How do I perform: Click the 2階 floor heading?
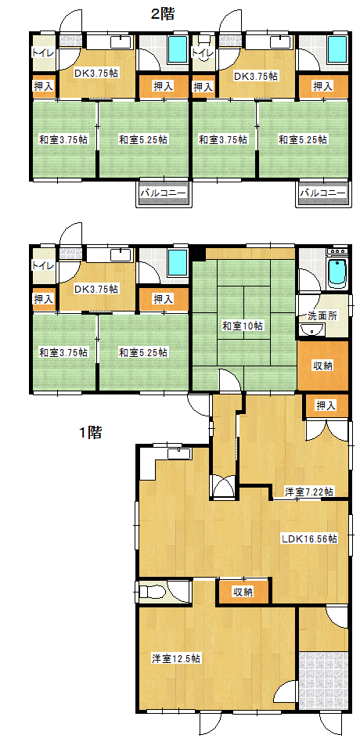pyautogui.click(x=162, y=14)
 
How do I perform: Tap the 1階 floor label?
pyautogui.click(x=90, y=431)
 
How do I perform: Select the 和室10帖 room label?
pyautogui.click(x=243, y=326)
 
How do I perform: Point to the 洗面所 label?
pyautogui.click(x=322, y=316)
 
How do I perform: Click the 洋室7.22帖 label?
pyautogui.click(x=308, y=492)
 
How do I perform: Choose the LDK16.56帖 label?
pyautogui.click(x=309, y=538)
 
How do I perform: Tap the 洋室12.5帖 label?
pyautogui.click(x=175, y=657)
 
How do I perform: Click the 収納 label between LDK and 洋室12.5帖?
pyautogui.click(x=243, y=592)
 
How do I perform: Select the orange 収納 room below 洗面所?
pyautogui.click(x=322, y=366)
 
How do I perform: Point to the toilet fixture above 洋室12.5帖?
pyautogui.click(x=151, y=592)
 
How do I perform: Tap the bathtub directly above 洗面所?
pyautogui.click(x=338, y=273)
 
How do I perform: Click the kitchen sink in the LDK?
pyautogui.click(x=178, y=453)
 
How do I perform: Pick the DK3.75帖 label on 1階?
pyautogui.click(x=96, y=289)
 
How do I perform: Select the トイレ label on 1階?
pyautogui.click(x=42, y=265)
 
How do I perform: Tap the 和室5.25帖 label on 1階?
pyautogui.click(x=142, y=352)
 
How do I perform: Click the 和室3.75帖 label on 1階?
pyautogui.click(x=63, y=352)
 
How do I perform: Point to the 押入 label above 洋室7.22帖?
pyautogui.click(x=326, y=405)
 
